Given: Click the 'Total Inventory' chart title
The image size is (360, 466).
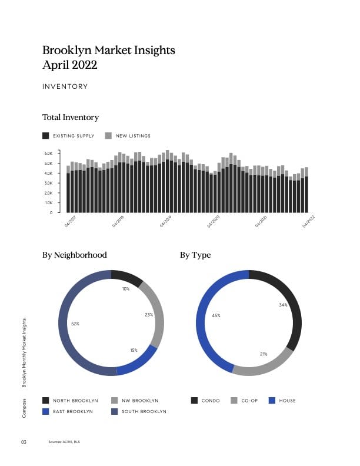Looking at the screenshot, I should tap(71, 118).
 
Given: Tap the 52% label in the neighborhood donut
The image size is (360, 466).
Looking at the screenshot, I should tap(75, 324).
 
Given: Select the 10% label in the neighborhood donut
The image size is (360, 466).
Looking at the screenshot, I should tap(126, 289).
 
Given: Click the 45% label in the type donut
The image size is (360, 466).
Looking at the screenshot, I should tap(216, 316).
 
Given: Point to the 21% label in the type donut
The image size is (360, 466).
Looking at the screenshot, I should tap(264, 354).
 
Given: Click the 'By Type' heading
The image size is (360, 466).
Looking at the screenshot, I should tap(195, 255).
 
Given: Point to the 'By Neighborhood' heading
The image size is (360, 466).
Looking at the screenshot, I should tap(75, 255).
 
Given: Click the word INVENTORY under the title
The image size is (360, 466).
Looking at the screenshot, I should tap(65, 86).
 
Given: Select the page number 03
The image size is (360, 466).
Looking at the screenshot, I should tap(25, 441).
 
